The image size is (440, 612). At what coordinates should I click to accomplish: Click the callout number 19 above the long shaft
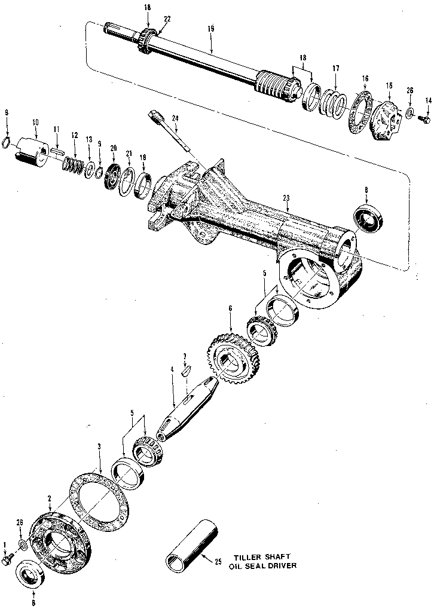(x=211, y=28)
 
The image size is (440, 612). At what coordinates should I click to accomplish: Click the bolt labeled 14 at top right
(x=426, y=119)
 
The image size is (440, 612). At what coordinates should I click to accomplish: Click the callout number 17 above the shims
(x=336, y=68)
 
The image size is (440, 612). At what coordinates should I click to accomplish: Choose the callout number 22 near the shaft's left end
(x=167, y=19)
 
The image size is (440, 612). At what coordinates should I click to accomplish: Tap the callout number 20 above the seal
(x=113, y=148)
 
